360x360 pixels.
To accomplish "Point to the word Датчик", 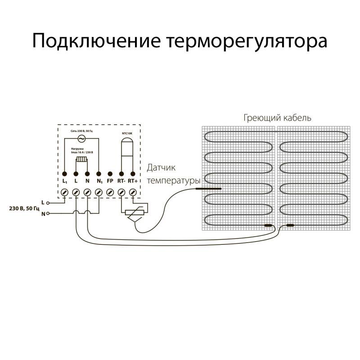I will pos(161,168).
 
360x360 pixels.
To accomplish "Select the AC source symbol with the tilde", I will pos(82,138).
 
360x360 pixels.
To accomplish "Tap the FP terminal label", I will pos(110,181).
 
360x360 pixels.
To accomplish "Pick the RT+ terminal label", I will pos(133,181).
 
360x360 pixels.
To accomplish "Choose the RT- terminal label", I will pos(121,181).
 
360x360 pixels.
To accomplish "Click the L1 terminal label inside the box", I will pos(65,181).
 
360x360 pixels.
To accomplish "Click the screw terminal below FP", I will pos(110,192).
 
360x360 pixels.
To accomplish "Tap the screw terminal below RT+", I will pos(132,192).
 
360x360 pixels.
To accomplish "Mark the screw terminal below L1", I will pos(65,192).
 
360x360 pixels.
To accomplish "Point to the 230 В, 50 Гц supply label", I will pos(24,208).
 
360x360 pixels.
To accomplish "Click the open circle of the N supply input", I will pos(47,214).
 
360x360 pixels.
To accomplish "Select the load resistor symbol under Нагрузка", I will pos(82,159).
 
